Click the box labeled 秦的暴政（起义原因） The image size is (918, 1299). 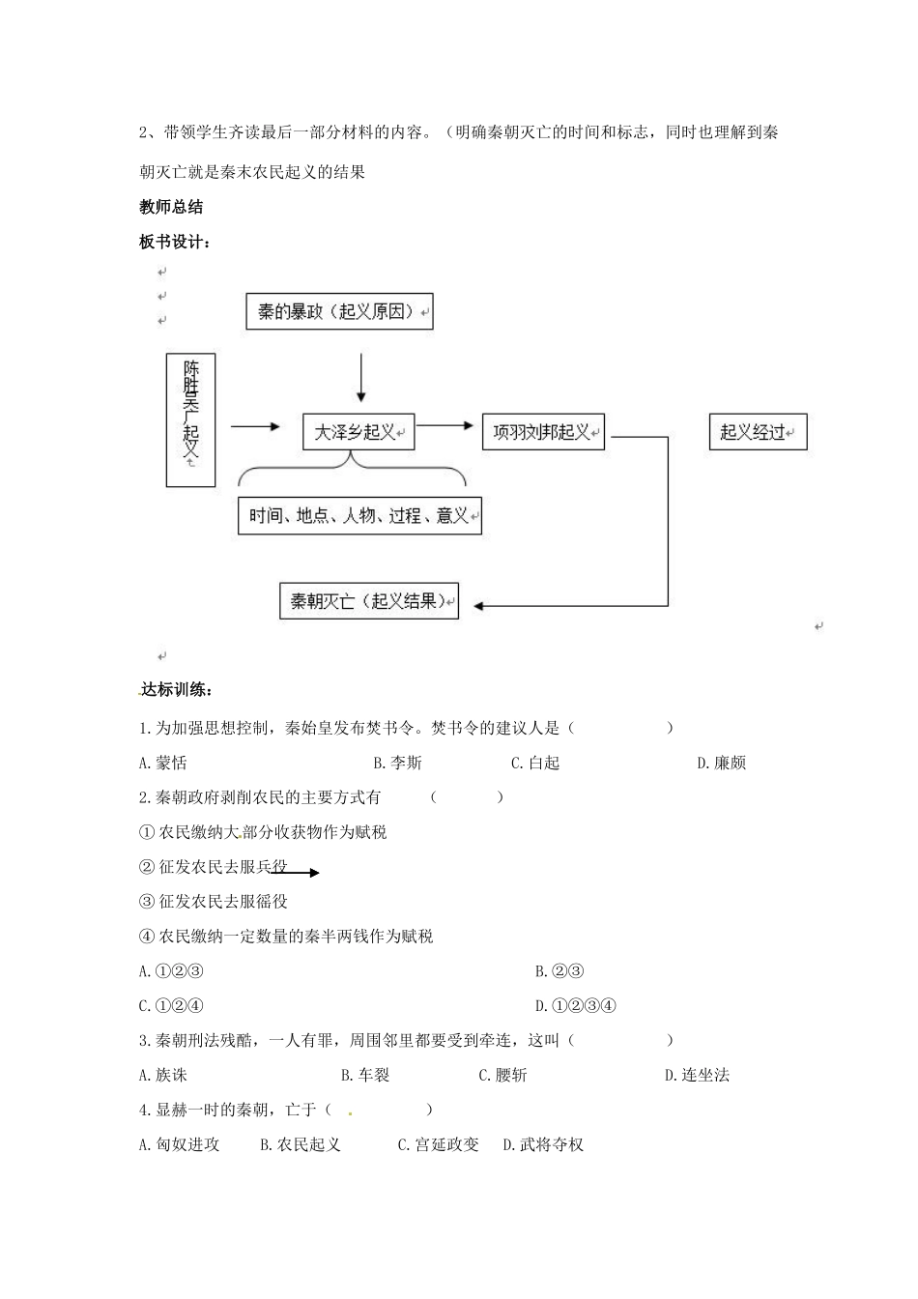click(339, 311)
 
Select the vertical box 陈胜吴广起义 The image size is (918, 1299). click(190, 419)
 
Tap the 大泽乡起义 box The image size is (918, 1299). click(359, 431)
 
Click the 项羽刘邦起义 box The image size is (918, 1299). click(543, 431)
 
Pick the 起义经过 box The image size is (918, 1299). click(758, 431)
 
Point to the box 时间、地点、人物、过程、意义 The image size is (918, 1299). click(359, 515)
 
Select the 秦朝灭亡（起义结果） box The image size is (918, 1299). click(369, 601)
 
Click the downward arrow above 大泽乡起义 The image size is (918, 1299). click(361, 378)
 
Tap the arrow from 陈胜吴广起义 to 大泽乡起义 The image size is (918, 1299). click(255, 427)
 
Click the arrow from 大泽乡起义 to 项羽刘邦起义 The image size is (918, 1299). click(445, 425)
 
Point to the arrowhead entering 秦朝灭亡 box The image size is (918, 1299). click(478, 606)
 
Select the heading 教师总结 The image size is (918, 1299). click(171, 207)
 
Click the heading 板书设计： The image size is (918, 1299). click(175, 242)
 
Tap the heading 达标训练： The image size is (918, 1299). click(176, 689)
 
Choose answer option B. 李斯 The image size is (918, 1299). click(398, 763)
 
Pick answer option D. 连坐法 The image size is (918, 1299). click(697, 1075)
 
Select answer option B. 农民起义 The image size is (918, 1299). click(301, 1144)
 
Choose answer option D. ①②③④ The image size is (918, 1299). click(575, 1005)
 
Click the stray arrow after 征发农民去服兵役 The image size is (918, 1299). click(295, 872)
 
